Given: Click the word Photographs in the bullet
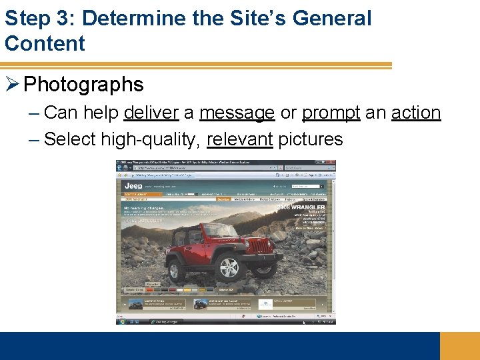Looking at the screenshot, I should coord(83,85).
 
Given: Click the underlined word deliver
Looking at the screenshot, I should coord(151,113).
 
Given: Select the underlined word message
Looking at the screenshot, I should coord(237,113).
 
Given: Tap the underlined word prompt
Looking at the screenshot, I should coord(331,113).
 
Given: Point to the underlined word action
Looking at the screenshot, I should coord(416,113).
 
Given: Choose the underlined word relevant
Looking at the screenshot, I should coord(240,139).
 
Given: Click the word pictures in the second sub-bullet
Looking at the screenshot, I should coord(311,140).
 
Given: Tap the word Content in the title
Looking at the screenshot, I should coord(45,43).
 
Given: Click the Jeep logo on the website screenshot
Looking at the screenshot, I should coord(134,186).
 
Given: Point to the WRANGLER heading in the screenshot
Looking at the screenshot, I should coord(306,208).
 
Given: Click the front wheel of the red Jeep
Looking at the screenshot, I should coord(229,269).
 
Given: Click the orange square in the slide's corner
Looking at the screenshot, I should coord(460,346).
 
